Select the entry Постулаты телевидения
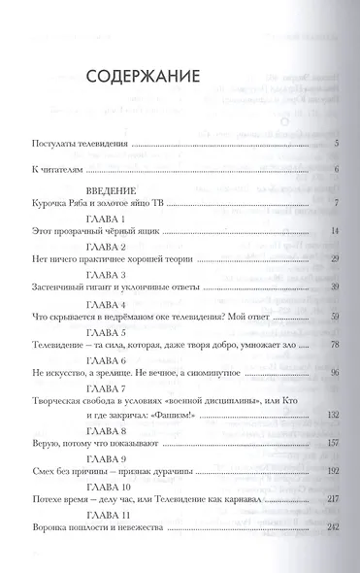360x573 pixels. pyautogui.click(x=77, y=144)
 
